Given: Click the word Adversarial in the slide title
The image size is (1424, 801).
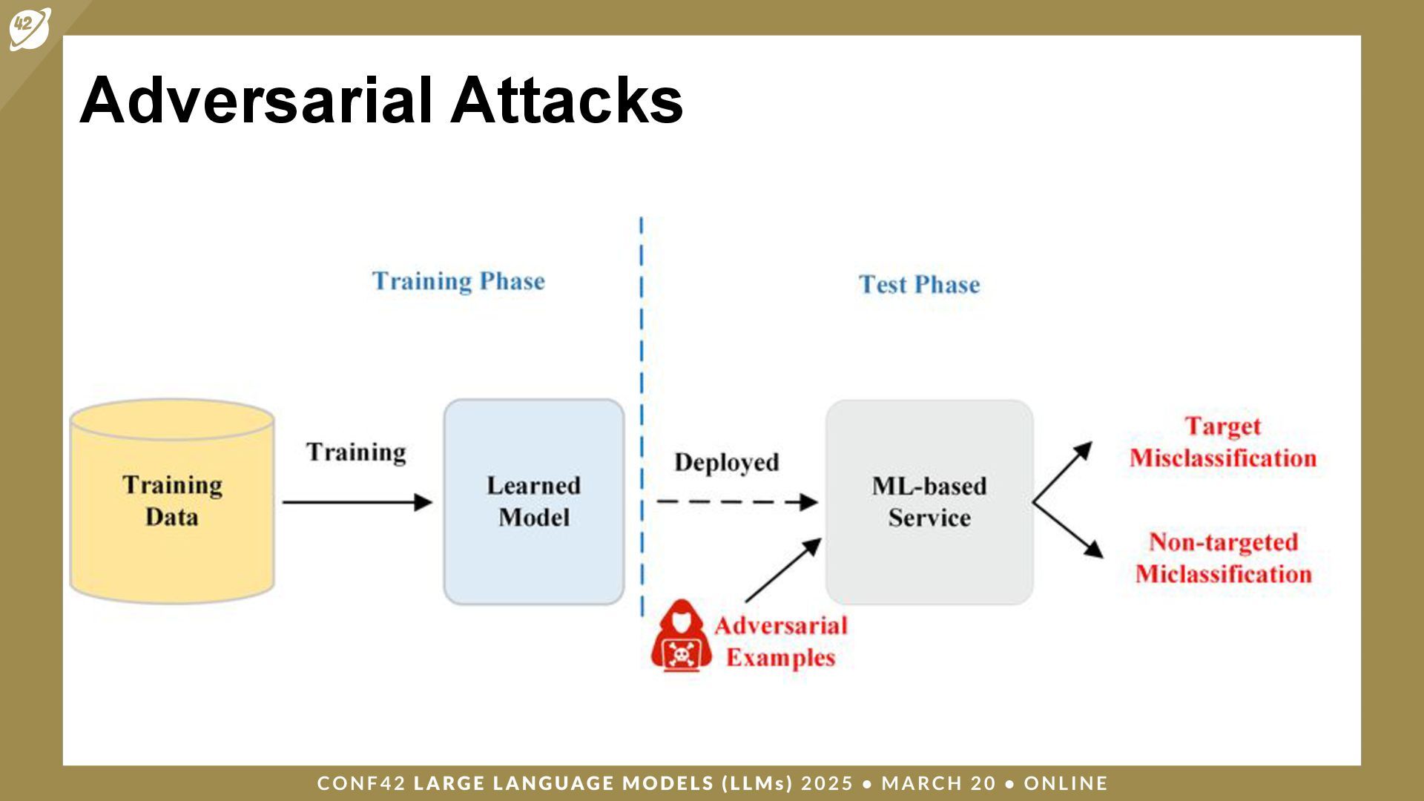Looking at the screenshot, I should pos(256,100).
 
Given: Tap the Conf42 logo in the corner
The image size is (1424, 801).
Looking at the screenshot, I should pos(30,28).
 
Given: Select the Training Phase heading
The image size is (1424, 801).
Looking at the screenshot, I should pos(458,282).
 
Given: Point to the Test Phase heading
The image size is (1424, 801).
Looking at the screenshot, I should pos(919,285).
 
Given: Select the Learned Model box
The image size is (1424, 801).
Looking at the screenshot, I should pos(533,501).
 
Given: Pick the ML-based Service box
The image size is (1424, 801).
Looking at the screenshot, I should pos(929,501).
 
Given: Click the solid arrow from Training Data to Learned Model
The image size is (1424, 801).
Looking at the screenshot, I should pos(356,502).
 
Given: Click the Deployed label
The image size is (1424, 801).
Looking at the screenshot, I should pos(726,462).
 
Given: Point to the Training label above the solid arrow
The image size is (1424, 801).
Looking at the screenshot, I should pos(356,452).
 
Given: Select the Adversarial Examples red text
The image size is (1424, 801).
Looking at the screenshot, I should pos(780,642).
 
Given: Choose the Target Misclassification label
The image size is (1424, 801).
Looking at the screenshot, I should pos(1222,442).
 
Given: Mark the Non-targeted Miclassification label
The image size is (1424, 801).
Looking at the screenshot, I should pos(1223,558).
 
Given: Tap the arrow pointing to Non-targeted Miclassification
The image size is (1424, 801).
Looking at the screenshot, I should pos(1067,530).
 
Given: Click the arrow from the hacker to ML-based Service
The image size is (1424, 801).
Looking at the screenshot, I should pos(782,570).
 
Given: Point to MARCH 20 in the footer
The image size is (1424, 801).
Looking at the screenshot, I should pos(938,783).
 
